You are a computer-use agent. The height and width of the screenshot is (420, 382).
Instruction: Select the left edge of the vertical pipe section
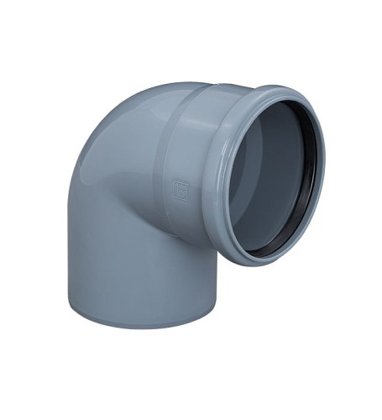tap(67, 252)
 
